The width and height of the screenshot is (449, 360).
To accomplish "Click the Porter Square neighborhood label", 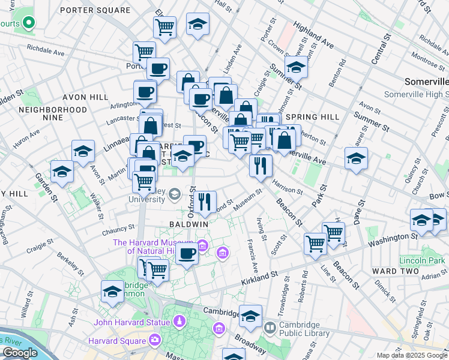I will tap(95, 10).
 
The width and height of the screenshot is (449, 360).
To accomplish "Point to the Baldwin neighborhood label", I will tap(188, 224).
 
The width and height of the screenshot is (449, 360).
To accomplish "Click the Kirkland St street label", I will tap(261, 276).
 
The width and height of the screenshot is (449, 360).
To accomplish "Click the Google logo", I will tap(20, 352).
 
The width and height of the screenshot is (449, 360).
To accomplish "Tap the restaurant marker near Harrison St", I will tap(261, 165).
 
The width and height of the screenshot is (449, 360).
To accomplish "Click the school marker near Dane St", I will tap(356, 158).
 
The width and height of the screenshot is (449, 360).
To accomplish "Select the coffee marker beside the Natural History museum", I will tap(187, 254).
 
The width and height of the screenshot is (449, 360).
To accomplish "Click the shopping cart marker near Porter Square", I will tap(164, 26).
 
